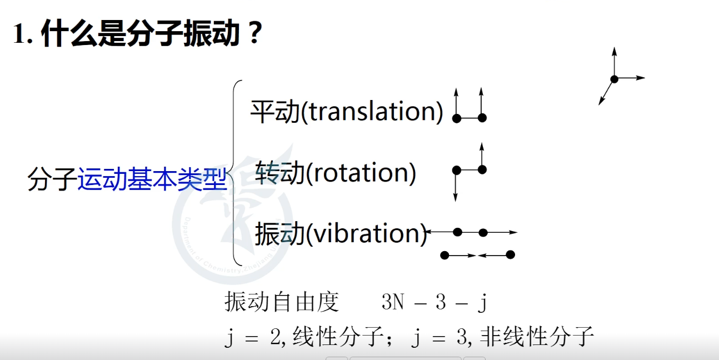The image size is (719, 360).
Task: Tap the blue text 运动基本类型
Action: (152, 179)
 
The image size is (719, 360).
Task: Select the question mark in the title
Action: (255, 32)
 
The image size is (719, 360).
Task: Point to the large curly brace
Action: (235, 173)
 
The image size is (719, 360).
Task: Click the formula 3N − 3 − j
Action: (435, 302)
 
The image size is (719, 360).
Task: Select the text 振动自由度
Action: (282, 302)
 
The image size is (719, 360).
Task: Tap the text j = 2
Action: (253, 338)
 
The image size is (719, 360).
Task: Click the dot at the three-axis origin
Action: (615, 79)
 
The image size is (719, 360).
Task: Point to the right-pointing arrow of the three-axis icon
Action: (630, 78)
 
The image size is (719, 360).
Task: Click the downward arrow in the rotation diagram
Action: (456, 186)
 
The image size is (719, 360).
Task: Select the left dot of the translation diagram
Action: (457, 118)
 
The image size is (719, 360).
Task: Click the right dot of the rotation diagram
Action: (482, 170)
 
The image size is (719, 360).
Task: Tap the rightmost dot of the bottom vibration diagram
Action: (511, 255)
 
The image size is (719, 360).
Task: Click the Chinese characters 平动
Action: (275, 111)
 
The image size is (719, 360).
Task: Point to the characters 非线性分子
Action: (537, 337)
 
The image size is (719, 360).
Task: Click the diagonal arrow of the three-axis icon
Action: (606, 92)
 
